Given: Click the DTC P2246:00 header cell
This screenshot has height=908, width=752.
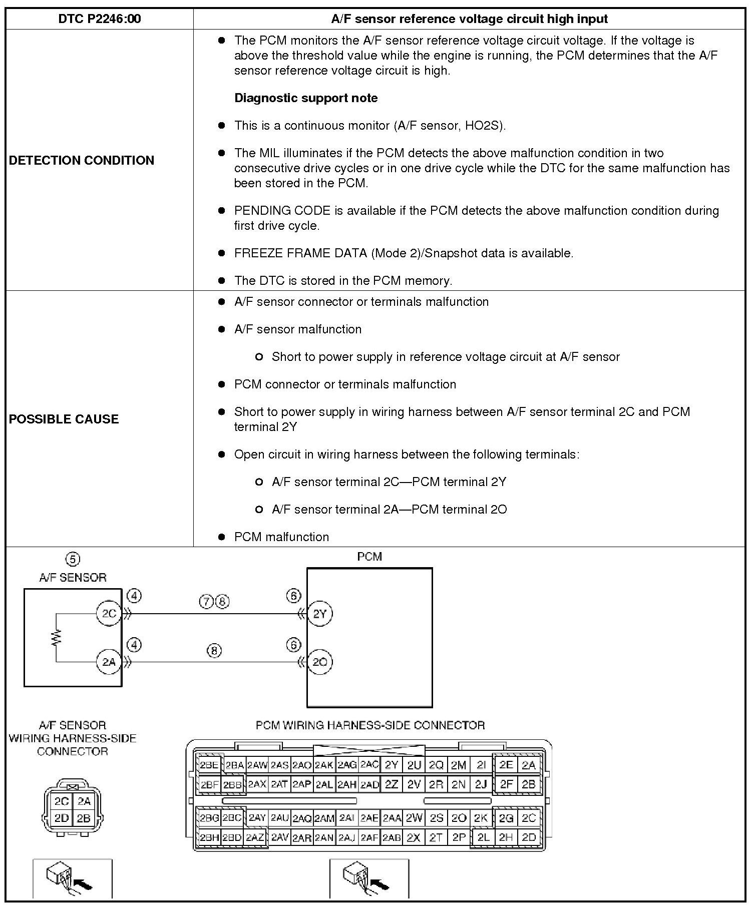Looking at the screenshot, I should click(100, 19).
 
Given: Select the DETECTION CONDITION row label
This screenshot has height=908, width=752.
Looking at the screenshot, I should click(82, 160).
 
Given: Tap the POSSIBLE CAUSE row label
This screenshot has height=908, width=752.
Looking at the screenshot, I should click(64, 419).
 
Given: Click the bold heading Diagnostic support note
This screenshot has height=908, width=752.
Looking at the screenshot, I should click(306, 98).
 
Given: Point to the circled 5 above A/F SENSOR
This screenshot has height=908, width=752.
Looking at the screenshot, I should click(73, 559).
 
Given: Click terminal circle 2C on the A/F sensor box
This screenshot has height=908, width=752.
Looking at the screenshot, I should click(109, 614).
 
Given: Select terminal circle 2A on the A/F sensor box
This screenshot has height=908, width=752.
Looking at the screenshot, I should click(109, 662).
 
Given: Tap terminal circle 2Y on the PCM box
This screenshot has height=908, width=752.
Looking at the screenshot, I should click(319, 614).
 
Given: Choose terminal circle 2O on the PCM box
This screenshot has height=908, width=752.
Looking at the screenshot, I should click(319, 662).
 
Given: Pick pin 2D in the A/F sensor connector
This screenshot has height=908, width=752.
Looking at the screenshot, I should click(62, 818).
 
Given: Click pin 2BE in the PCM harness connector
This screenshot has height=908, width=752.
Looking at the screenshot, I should click(209, 765).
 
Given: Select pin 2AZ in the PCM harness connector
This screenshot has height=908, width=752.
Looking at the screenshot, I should click(255, 837).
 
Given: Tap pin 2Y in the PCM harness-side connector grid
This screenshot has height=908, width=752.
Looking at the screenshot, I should click(392, 765).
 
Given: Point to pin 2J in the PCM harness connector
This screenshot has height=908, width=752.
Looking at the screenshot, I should click(481, 784).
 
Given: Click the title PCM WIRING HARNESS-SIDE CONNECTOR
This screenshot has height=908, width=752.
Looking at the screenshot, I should click(370, 725).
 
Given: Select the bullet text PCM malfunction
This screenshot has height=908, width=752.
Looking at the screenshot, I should click(281, 537).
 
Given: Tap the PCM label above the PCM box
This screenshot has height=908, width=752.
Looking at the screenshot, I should click(369, 557).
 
